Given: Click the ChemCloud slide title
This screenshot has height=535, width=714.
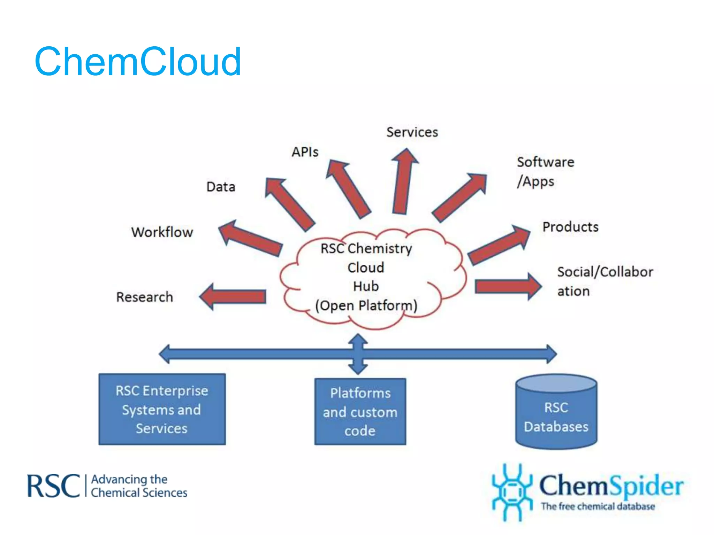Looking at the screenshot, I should coord(138,62).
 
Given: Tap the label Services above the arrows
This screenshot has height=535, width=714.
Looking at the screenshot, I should coord(412,132).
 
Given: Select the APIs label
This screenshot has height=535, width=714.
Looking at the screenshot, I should coord(305,152).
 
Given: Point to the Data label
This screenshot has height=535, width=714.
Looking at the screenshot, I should coord(221,187).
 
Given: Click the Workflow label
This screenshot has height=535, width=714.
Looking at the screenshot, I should coord(162,232).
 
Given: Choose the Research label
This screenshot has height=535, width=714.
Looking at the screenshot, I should coord(145,297).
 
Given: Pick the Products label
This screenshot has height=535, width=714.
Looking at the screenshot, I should coord(570,227).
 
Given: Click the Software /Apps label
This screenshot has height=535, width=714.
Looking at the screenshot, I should coord(545,172).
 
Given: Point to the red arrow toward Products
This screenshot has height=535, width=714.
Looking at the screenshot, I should coord(499,246).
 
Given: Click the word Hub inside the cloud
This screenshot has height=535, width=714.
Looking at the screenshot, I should coord(366,286).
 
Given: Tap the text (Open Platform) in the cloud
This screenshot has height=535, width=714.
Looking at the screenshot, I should coord(366,305).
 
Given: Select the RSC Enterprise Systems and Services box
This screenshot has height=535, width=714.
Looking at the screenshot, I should coord(162,409).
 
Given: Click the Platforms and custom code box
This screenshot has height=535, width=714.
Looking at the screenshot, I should coord(360,412).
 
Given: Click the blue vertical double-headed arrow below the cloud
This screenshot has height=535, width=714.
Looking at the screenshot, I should coord(358,354).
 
